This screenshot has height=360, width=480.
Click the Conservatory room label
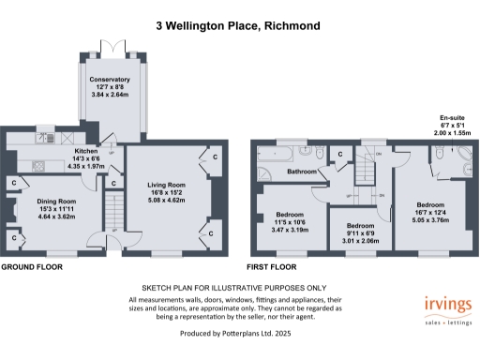pos(110,81)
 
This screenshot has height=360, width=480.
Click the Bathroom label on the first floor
pos(302,172)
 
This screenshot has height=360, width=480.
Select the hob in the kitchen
pos(40,167)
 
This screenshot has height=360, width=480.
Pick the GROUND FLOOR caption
pos(33,266)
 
